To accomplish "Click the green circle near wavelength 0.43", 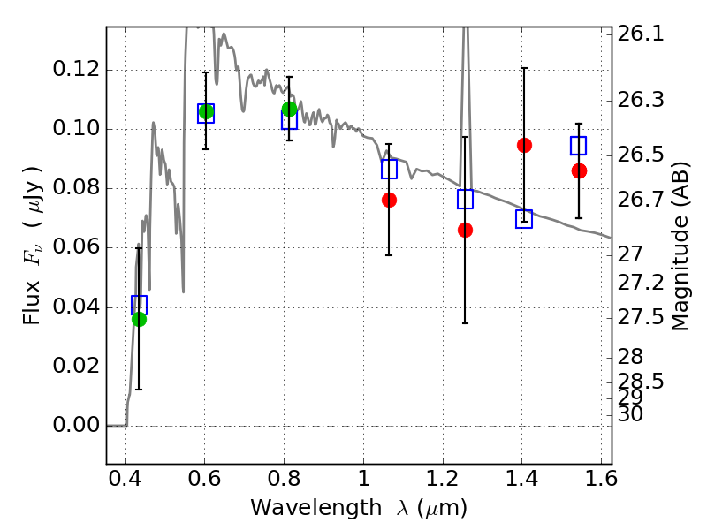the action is coord(140,319).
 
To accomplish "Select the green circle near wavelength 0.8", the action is coord(290,109).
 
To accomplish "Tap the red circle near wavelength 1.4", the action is coord(524,145).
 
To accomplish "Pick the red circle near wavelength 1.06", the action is coord(389,201).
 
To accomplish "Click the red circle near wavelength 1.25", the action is coord(466,231).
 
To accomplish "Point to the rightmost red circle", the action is coord(579,170).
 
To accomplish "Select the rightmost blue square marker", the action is coord(578,146).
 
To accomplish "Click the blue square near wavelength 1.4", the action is coord(524,218).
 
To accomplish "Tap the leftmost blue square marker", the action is coord(139,305).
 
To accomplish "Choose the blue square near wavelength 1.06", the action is coord(389,169).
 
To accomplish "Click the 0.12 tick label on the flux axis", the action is coord(76,69).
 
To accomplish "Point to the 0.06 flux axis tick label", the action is coord(76,246).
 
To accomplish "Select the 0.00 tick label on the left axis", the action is coord(76,425).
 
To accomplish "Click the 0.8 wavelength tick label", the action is coord(284,478).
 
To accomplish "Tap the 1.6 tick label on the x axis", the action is coord(601,478).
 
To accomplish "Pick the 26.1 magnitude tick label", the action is coord(641,34).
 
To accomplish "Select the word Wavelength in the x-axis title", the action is coord(316,508).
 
